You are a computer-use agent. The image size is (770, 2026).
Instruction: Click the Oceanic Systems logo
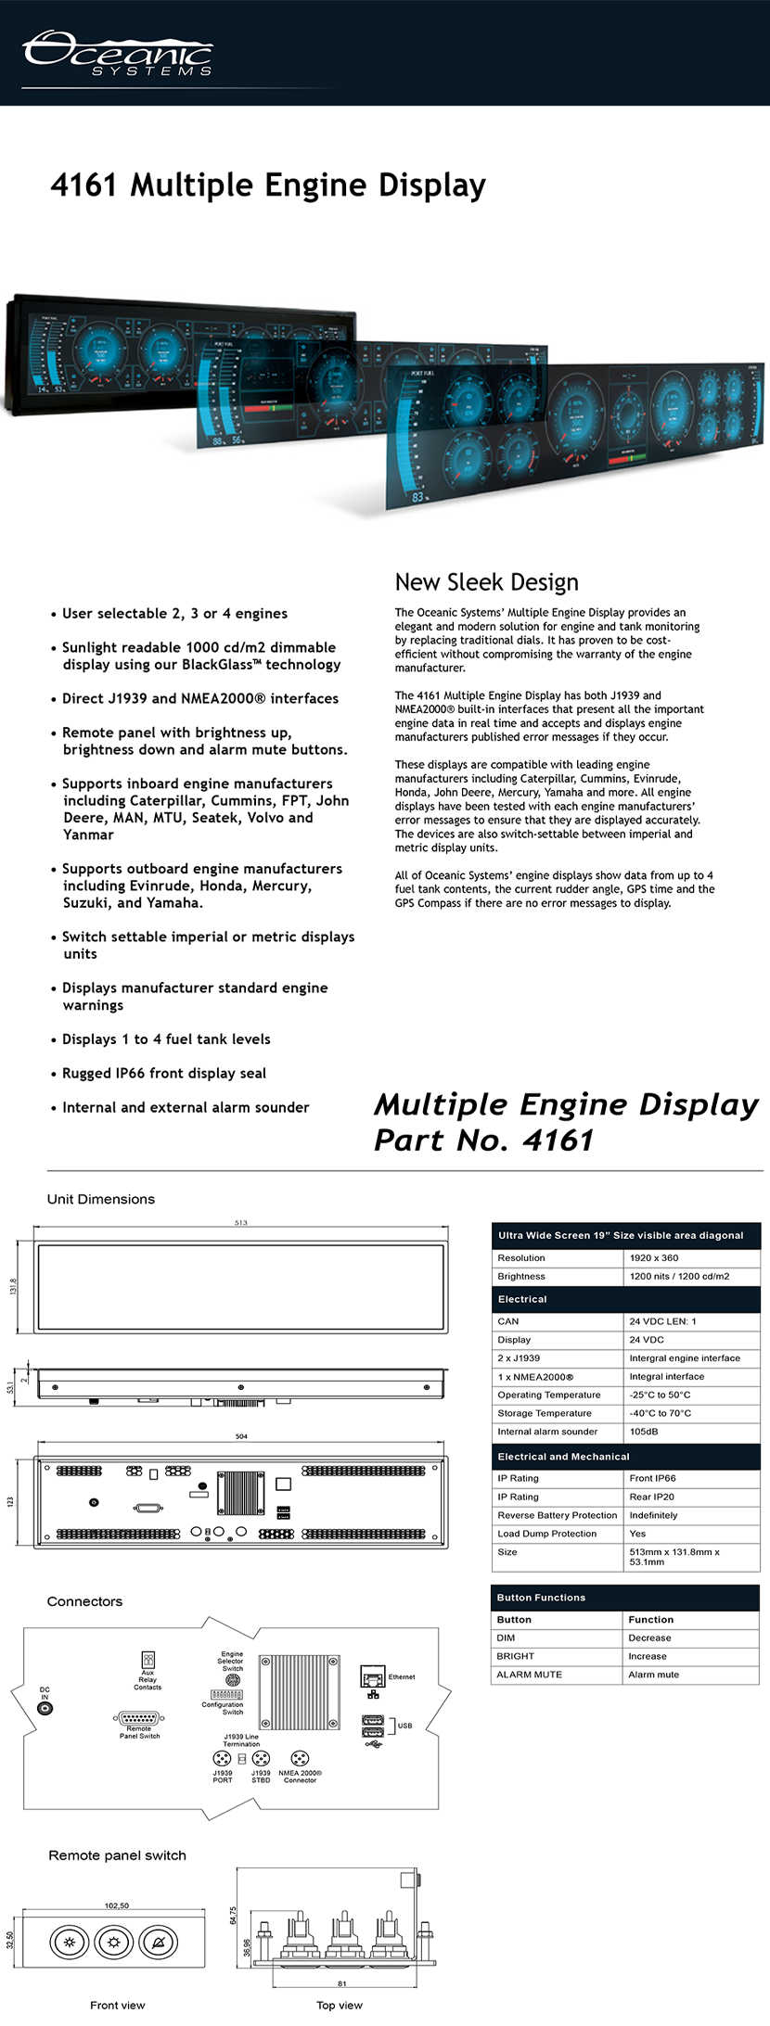coord(118,53)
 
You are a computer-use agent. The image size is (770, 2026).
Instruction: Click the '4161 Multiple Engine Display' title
coord(268,185)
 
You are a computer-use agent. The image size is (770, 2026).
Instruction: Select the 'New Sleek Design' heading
coord(486,582)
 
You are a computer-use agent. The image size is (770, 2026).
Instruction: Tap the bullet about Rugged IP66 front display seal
coord(163,1073)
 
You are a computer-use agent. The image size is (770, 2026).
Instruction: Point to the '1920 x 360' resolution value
coord(653,1258)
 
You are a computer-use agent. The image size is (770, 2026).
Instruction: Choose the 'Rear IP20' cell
coord(651,1497)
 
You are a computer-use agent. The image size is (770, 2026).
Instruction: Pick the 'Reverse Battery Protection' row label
coord(557,1515)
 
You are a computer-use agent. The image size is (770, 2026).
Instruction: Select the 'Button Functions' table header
coord(541,1598)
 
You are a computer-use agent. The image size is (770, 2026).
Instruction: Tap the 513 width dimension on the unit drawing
coord(241,1223)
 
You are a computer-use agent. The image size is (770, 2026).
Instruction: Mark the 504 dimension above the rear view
coord(241,1436)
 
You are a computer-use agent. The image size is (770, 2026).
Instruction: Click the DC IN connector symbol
coord(45,1708)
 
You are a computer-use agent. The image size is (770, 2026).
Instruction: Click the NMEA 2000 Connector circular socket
coord(300,1758)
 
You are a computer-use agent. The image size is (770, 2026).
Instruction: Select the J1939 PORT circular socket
coord(222,1758)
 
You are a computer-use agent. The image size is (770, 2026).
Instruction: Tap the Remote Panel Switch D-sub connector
coord(139,1718)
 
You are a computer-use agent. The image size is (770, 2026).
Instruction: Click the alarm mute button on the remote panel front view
coord(158,1942)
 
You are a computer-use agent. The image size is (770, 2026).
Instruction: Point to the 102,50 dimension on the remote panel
coord(117,1905)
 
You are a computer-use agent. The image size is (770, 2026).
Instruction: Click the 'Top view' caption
coord(340,2005)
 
